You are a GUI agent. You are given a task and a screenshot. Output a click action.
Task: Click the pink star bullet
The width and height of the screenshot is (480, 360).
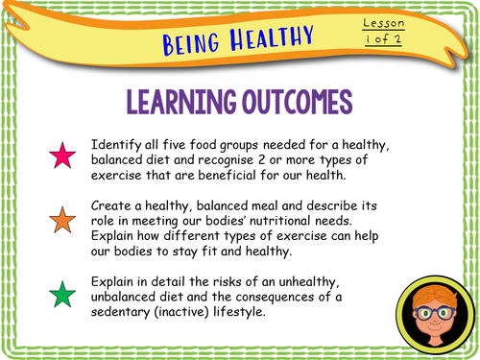(x=63, y=156)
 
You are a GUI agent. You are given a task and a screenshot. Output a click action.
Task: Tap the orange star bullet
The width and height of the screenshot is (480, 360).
(x=63, y=220)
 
